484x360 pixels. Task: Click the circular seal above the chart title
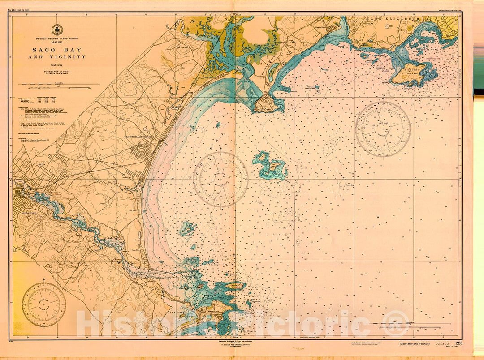click(57, 30)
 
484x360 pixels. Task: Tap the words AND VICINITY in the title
click(57, 57)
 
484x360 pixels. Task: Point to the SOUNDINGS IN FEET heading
click(57, 71)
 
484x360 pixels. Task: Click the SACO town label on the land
click(43, 165)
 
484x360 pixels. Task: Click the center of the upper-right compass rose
click(383, 129)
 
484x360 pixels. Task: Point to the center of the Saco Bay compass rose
click(220, 179)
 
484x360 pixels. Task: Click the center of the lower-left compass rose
click(44, 304)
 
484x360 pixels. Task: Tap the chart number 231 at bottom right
click(459, 343)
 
